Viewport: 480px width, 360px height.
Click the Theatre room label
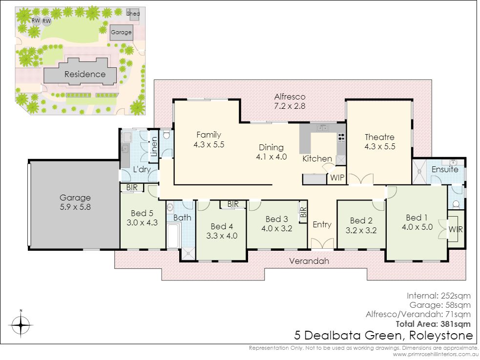(x=379, y=137)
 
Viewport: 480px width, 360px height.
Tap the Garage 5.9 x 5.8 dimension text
(x=75, y=207)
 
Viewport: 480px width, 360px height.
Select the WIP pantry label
(x=337, y=178)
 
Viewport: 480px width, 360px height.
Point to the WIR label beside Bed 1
(x=456, y=229)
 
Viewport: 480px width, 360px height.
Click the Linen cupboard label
(x=154, y=146)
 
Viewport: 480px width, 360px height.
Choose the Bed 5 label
(x=142, y=213)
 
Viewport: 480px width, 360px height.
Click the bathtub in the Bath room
(x=173, y=236)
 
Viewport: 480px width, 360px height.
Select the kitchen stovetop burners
(x=341, y=138)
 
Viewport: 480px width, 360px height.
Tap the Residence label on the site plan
(x=85, y=74)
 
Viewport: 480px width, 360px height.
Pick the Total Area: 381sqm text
(x=433, y=324)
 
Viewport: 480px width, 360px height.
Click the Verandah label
(x=309, y=261)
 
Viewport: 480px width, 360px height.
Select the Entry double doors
(x=322, y=243)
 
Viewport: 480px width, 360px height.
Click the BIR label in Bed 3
(x=303, y=212)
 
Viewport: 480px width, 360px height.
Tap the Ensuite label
(x=445, y=169)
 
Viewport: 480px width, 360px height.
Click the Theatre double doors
(x=361, y=179)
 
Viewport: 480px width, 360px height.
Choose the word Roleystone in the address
(x=441, y=336)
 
